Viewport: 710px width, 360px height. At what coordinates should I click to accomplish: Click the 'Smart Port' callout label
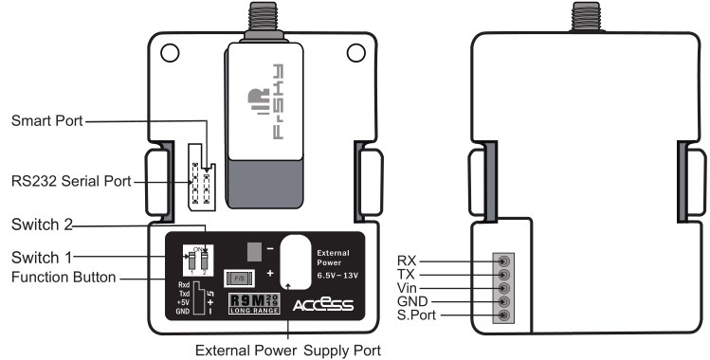(46, 122)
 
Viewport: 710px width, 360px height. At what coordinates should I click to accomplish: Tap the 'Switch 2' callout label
(42, 226)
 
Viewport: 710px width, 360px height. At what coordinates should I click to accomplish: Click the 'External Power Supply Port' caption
(288, 351)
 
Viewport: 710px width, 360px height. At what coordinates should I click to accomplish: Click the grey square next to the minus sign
(253, 250)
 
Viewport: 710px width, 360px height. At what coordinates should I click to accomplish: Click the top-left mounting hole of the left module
(171, 54)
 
